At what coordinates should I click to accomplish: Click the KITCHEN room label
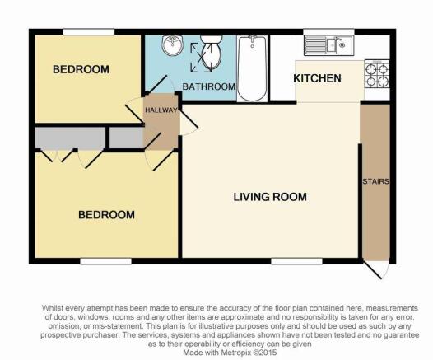pos(317,78)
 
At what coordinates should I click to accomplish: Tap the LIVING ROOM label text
pos(270,197)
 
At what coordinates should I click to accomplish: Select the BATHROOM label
pos(209,86)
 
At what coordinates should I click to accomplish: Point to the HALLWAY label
pos(161,110)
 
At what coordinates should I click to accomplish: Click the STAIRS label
pos(375,181)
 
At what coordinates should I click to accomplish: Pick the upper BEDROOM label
pos(81,69)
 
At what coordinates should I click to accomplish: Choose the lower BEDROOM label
pos(106,215)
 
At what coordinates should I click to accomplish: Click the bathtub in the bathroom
pos(252,68)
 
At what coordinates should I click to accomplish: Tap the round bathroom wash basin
pos(173,45)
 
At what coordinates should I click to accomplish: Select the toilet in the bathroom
pos(212,53)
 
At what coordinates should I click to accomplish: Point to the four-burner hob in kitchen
pos(377,74)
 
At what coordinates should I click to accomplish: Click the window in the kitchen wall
pos(329,32)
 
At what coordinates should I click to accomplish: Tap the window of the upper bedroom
pos(89,32)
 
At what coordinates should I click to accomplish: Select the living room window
pos(297,261)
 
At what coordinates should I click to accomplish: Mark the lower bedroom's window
pos(105,261)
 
